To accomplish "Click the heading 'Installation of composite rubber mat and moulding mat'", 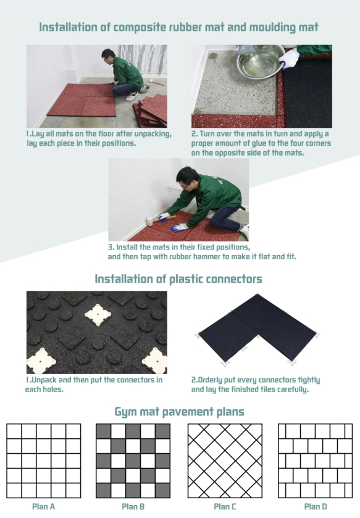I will coord(179,27).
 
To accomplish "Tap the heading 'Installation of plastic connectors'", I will coord(178,279).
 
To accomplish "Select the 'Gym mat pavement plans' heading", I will coord(179,411).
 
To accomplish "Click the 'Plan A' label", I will coord(44,507).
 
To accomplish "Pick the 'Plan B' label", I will coord(134,507).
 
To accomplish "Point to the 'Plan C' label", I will coord(225,507).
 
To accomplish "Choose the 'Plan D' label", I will coord(316,507).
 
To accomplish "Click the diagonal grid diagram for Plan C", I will coord(225,461).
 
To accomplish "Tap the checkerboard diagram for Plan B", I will coord(134,461).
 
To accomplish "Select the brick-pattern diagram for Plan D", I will coord(316,461).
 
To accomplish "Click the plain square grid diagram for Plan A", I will coord(44,461).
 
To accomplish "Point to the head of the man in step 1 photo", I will coord(109,56).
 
